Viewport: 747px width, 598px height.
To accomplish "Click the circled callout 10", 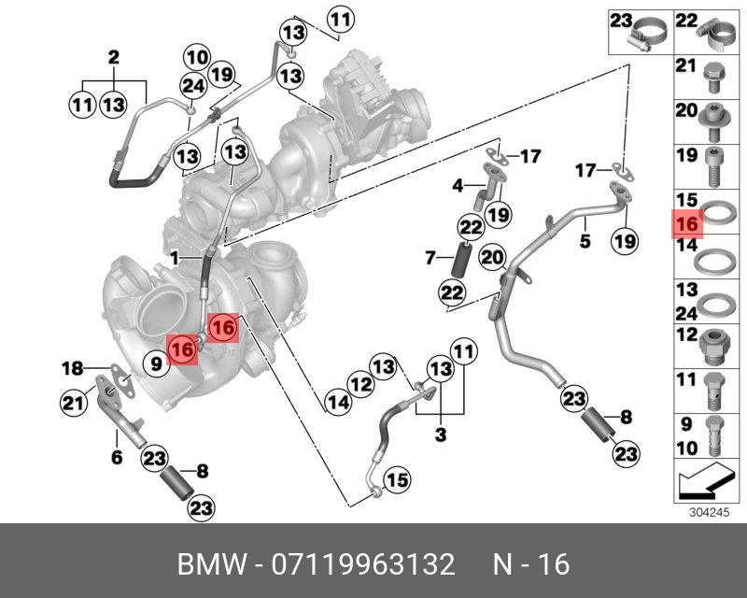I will (196, 57).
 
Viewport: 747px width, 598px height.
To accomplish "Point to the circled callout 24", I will (192, 87).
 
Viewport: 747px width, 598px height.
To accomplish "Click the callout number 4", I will (458, 186).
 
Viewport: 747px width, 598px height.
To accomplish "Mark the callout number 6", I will (118, 458).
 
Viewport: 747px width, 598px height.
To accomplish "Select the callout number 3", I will (441, 434).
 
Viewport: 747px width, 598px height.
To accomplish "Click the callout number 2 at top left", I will (113, 57).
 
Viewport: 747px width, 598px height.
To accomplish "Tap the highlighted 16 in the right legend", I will (686, 224).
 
